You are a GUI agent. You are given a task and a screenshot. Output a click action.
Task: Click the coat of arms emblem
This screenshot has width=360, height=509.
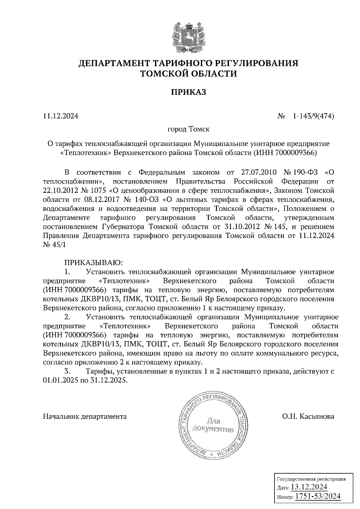(188, 37)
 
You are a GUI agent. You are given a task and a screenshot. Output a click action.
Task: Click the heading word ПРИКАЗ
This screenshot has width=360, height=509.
(189, 92)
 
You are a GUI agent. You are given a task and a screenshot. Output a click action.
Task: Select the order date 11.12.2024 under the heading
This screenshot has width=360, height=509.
(61, 116)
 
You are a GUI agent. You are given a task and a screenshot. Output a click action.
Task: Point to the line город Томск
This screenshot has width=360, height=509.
(188, 129)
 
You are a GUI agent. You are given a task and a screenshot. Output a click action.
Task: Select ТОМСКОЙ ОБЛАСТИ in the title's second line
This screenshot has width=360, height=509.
(189, 73)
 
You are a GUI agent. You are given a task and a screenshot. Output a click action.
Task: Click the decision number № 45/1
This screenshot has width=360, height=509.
(54, 244)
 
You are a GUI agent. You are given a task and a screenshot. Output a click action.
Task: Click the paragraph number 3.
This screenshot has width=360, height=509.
(67, 371)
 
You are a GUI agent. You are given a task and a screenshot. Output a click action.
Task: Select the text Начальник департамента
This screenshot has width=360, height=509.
(85, 416)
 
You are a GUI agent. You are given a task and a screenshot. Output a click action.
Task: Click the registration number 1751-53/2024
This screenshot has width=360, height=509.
(318, 496)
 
